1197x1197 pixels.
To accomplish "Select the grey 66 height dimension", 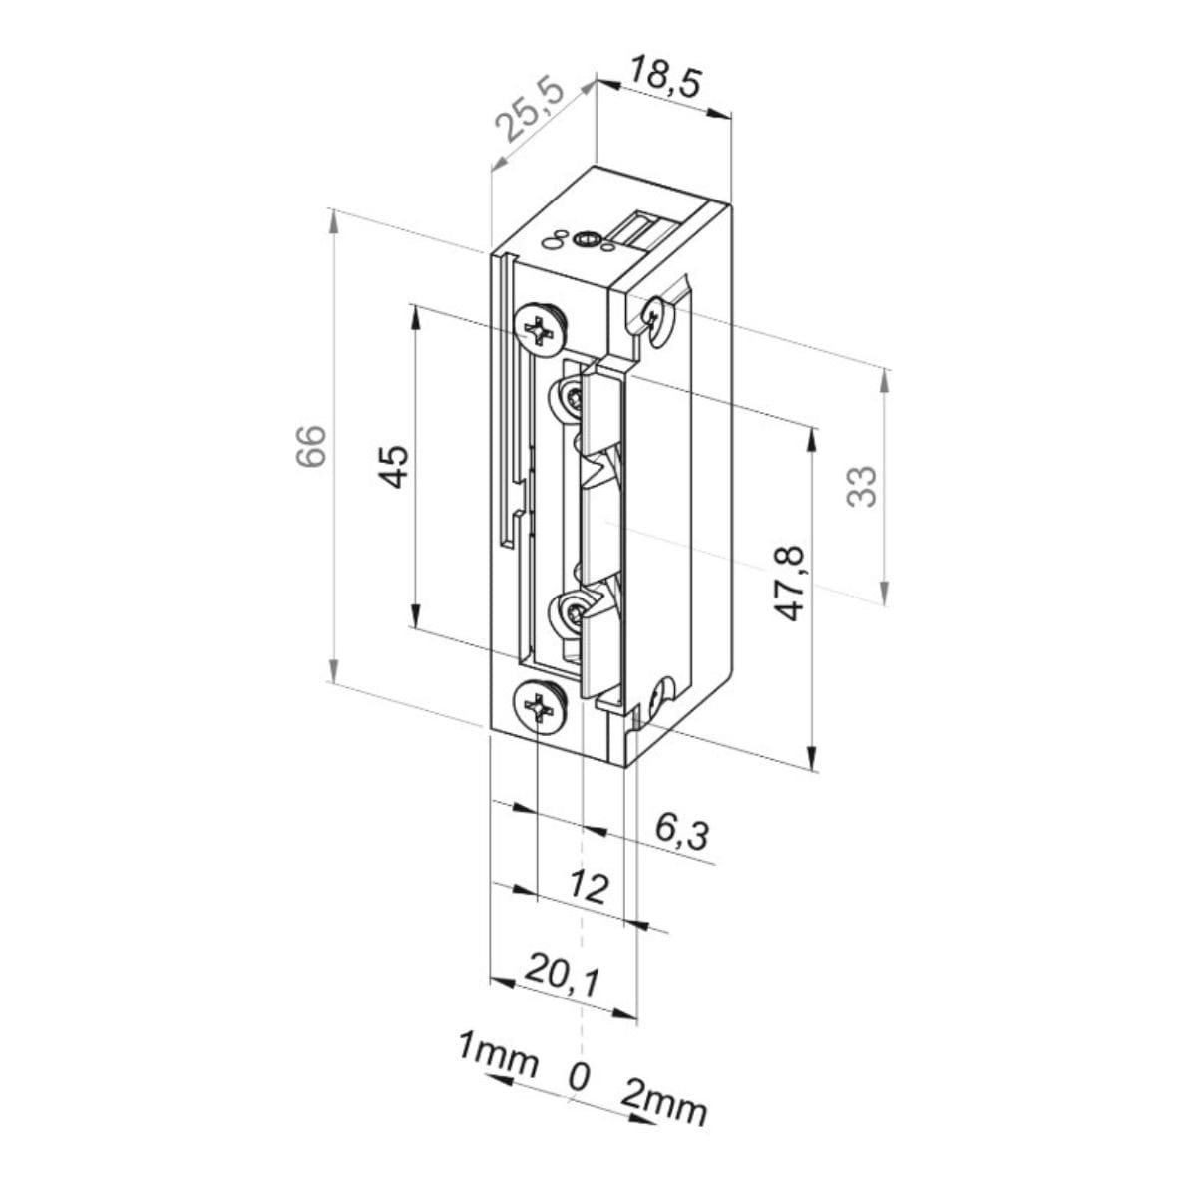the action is (310, 446).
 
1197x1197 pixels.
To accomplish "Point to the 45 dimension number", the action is (394, 466).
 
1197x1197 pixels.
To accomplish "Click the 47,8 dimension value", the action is (791, 584).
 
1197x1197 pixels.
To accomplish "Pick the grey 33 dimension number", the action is (862, 487).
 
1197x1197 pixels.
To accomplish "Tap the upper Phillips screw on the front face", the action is (540, 330).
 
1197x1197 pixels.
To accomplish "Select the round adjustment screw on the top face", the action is (587, 239).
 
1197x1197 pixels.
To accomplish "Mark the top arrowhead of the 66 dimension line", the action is (334, 221).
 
